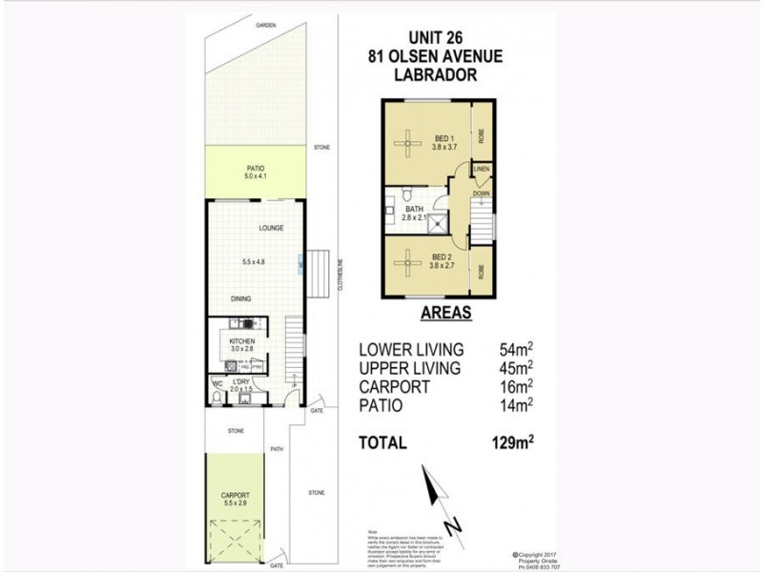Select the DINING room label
240,298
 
